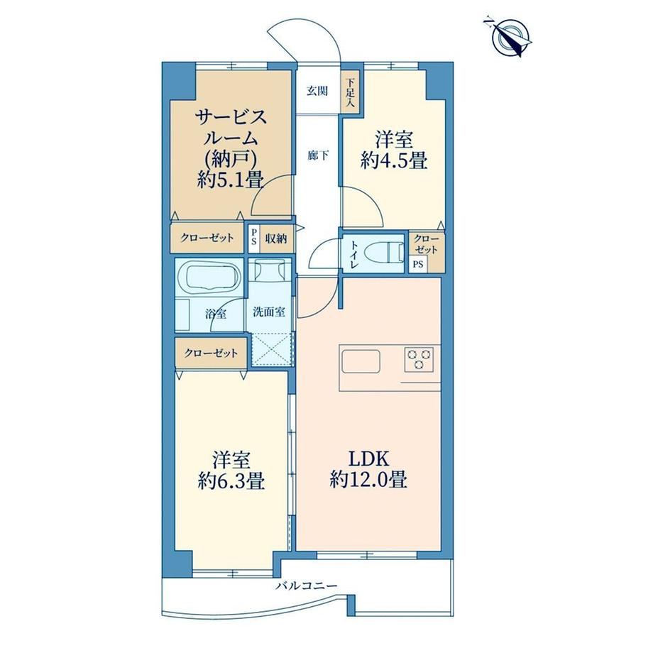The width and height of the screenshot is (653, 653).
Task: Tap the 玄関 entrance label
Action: (x=317, y=91)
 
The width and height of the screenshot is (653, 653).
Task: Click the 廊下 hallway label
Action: (x=318, y=156)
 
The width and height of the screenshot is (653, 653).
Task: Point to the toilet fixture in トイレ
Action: (x=384, y=253)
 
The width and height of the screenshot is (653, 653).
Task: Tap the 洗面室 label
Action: (x=269, y=312)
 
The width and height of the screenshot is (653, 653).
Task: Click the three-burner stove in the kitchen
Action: (x=419, y=359)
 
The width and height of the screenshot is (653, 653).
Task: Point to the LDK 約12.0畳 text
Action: (x=368, y=469)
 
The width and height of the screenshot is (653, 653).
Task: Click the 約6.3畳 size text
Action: (x=231, y=482)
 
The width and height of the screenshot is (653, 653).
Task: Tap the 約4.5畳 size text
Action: (x=394, y=160)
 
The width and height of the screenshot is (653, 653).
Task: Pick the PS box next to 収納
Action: (x=253, y=238)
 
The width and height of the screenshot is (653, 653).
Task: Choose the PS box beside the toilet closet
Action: (x=418, y=265)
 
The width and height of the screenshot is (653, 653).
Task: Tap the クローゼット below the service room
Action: (x=207, y=238)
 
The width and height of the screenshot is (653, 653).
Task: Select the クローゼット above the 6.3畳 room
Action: (x=211, y=353)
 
